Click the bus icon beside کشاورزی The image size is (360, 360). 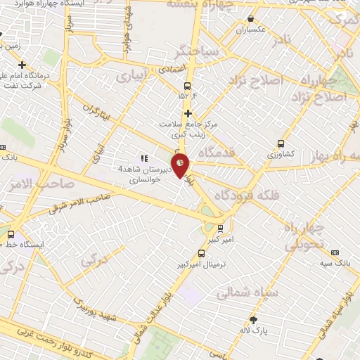tap(282, 142)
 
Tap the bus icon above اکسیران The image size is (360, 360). tap(251, 18)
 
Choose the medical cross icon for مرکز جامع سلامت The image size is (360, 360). tap(187, 112)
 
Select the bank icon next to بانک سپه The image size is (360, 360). tap(334, 252)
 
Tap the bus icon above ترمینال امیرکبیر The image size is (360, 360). tap(202, 253)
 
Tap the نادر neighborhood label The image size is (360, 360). tap(281, 40)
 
